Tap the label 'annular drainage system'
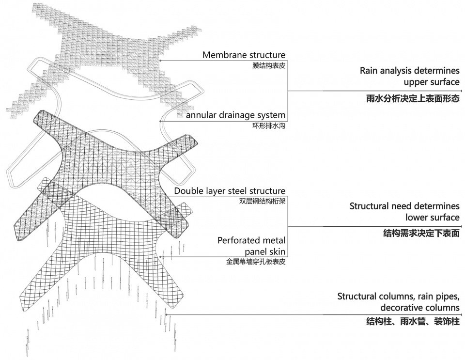click(235, 115)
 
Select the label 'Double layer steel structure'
click(230, 191)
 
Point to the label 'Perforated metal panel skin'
click(251, 246)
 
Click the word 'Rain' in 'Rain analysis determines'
click(369, 70)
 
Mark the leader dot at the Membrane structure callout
click(160, 61)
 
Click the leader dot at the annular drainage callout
click(160, 121)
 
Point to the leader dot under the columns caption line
click(166, 314)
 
